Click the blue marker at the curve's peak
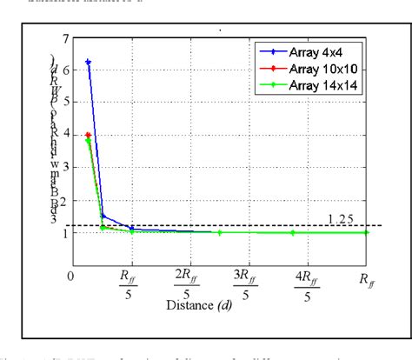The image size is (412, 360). tap(88, 63)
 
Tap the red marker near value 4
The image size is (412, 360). tap(88, 135)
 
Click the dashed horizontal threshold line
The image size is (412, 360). tap(261, 225)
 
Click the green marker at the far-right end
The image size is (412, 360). tap(366, 233)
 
